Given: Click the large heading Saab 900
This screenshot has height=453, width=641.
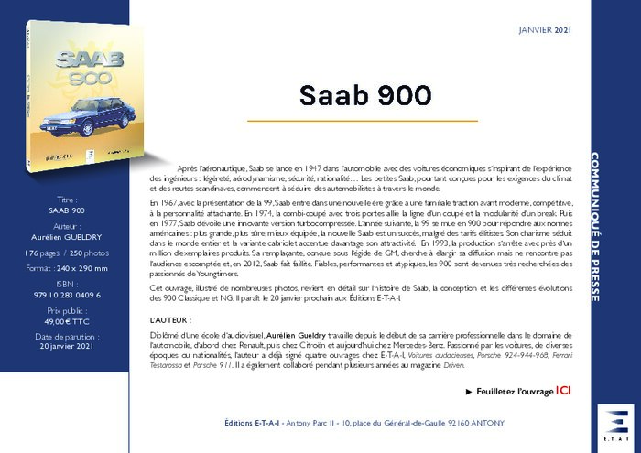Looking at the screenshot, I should pyautogui.click(x=364, y=95).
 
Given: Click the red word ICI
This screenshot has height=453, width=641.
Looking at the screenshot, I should pyautogui.click(x=564, y=391).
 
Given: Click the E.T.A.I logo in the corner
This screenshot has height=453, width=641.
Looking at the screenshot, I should pyautogui.click(x=615, y=426).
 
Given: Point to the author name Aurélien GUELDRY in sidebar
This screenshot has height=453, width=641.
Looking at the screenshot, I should pyautogui.click(x=67, y=236).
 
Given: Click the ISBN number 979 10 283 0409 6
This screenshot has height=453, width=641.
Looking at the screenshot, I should pyautogui.click(x=67, y=295).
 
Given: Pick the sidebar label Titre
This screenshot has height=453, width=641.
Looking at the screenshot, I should pyautogui.click(x=67, y=199).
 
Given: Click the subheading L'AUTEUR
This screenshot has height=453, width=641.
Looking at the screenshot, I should pyautogui.click(x=169, y=321).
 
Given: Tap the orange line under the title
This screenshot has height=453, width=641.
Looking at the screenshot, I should pyautogui.click(x=364, y=121).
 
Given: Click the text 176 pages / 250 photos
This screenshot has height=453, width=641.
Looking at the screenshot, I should pyautogui.click(x=67, y=253).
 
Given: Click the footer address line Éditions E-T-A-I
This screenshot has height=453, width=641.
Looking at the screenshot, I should pyautogui.click(x=364, y=424).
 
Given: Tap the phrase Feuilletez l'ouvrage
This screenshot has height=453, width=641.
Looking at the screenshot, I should pyautogui.click(x=511, y=391).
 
